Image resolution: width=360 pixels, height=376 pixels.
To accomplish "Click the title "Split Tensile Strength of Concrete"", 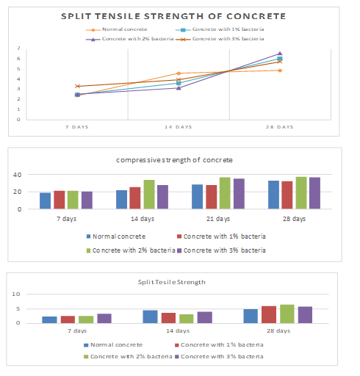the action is [173, 16].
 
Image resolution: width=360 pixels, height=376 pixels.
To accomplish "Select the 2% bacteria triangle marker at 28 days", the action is [280, 54].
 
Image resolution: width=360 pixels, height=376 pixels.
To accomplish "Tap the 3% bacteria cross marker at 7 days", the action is [77, 86].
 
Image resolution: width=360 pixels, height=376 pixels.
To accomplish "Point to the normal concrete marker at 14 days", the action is [179, 73].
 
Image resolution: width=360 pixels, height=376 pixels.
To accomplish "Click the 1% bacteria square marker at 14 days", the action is [179, 83].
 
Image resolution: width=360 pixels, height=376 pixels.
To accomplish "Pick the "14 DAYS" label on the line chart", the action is [179, 127].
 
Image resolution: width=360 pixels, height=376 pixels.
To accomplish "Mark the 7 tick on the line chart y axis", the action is [18, 48].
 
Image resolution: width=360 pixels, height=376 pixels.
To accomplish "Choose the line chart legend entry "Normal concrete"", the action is [117, 29].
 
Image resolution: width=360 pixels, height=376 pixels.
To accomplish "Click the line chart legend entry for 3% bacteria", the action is [220, 39].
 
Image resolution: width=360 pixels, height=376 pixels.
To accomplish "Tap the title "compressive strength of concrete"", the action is [174, 160].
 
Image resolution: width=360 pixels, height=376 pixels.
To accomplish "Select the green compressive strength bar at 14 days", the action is [149, 195].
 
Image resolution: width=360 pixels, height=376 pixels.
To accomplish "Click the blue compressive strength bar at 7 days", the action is [46, 200].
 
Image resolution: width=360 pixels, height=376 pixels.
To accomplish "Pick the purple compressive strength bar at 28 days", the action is [314, 193].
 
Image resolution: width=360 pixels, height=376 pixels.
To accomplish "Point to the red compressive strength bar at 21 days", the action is [212, 197].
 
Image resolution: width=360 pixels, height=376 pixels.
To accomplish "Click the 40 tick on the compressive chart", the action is [18, 175].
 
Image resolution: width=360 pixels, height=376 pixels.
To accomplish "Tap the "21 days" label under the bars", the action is [218, 219].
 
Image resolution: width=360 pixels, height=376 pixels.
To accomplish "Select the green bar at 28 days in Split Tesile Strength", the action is [287, 314].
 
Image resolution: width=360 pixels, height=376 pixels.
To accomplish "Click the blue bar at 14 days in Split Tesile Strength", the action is [150, 317].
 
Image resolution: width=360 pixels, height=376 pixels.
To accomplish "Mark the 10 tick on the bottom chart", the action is [16, 294].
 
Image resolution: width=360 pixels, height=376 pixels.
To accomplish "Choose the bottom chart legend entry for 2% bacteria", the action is [128, 357].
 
